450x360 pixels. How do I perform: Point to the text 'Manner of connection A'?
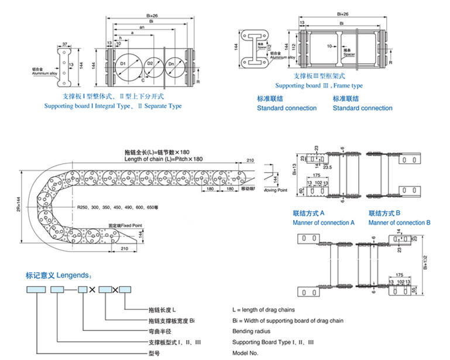[x=324, y=222]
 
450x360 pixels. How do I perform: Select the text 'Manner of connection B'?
[x=399, y=222]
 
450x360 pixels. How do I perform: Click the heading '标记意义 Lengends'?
[x=59, y=275]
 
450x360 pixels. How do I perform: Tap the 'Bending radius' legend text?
[x=251, y=331]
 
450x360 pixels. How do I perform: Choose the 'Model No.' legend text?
[x=245, y=353]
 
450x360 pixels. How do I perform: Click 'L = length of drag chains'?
[x=263, y=310]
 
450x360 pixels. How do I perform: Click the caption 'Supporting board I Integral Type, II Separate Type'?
[x=113, y=106]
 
